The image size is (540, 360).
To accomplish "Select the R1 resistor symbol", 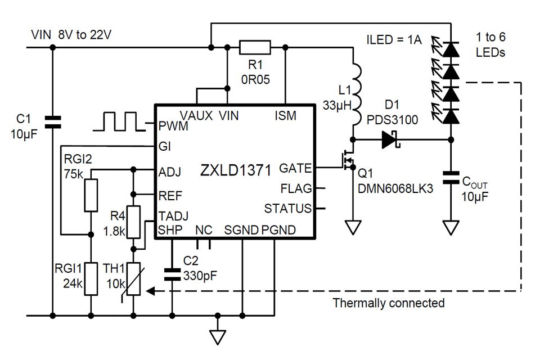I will (254, 47).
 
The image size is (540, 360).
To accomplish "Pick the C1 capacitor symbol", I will (52, 122).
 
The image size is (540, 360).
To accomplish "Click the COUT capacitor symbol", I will (450, 178).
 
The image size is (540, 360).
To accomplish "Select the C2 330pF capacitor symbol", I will (172, 274).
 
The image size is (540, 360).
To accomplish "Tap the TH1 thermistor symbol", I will (133, 280).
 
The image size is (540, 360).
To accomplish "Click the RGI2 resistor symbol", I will (91, 195).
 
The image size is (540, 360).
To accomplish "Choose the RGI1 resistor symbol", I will (91, 278).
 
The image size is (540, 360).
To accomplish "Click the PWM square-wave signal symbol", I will (120, 121).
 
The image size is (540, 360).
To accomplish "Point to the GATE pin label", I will (295, 168).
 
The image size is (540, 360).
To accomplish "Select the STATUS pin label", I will (287, 209).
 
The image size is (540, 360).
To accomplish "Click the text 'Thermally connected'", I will (388, 303).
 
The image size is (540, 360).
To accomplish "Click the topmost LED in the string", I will (449, 49).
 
